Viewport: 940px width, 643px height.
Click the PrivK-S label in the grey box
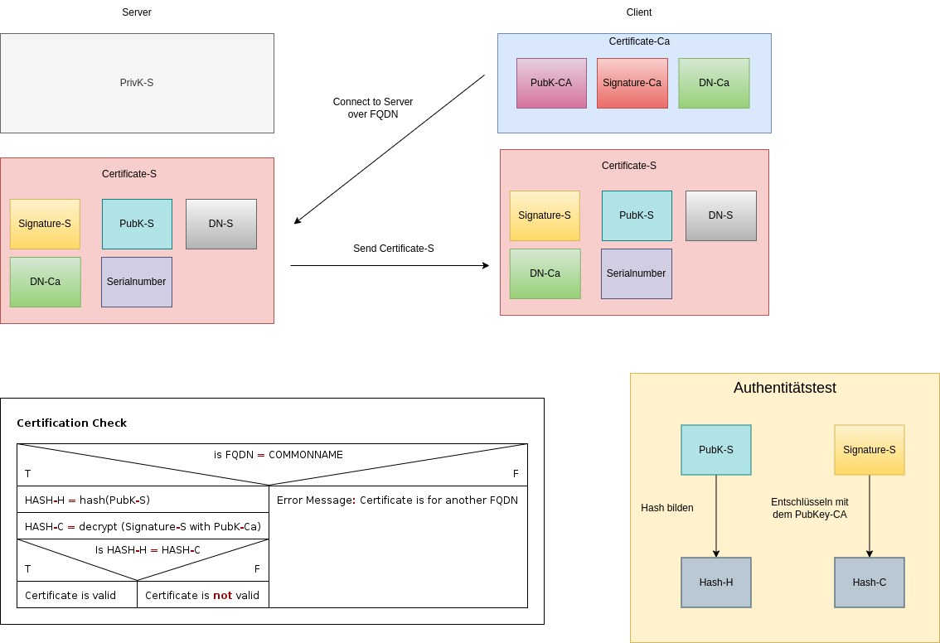[137, 83]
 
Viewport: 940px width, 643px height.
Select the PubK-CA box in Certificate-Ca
[551, 83]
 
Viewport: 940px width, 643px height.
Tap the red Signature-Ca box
[632, 83]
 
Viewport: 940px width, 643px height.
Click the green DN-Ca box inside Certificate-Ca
[714, 83]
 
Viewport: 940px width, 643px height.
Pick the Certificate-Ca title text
[639, 41]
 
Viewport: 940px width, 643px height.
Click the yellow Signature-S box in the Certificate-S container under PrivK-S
[45, 224]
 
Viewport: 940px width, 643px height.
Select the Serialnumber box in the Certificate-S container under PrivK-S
[136, 282]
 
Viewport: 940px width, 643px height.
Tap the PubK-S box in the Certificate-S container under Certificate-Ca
[637, 215]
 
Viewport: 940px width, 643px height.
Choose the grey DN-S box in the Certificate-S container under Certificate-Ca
[720, 215]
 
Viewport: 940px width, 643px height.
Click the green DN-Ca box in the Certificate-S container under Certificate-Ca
[545, 273]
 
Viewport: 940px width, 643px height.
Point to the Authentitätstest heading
[784, 388]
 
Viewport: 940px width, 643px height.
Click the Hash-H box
[716, 583]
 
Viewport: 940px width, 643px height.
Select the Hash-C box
[869, 583]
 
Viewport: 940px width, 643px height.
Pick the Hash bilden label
[666, 508]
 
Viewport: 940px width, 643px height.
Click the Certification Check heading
[71, 423]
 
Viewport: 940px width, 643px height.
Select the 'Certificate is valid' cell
[70, 595]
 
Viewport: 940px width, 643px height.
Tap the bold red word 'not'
[222, 595]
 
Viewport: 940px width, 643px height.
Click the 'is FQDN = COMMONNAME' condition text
[278, 455]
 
